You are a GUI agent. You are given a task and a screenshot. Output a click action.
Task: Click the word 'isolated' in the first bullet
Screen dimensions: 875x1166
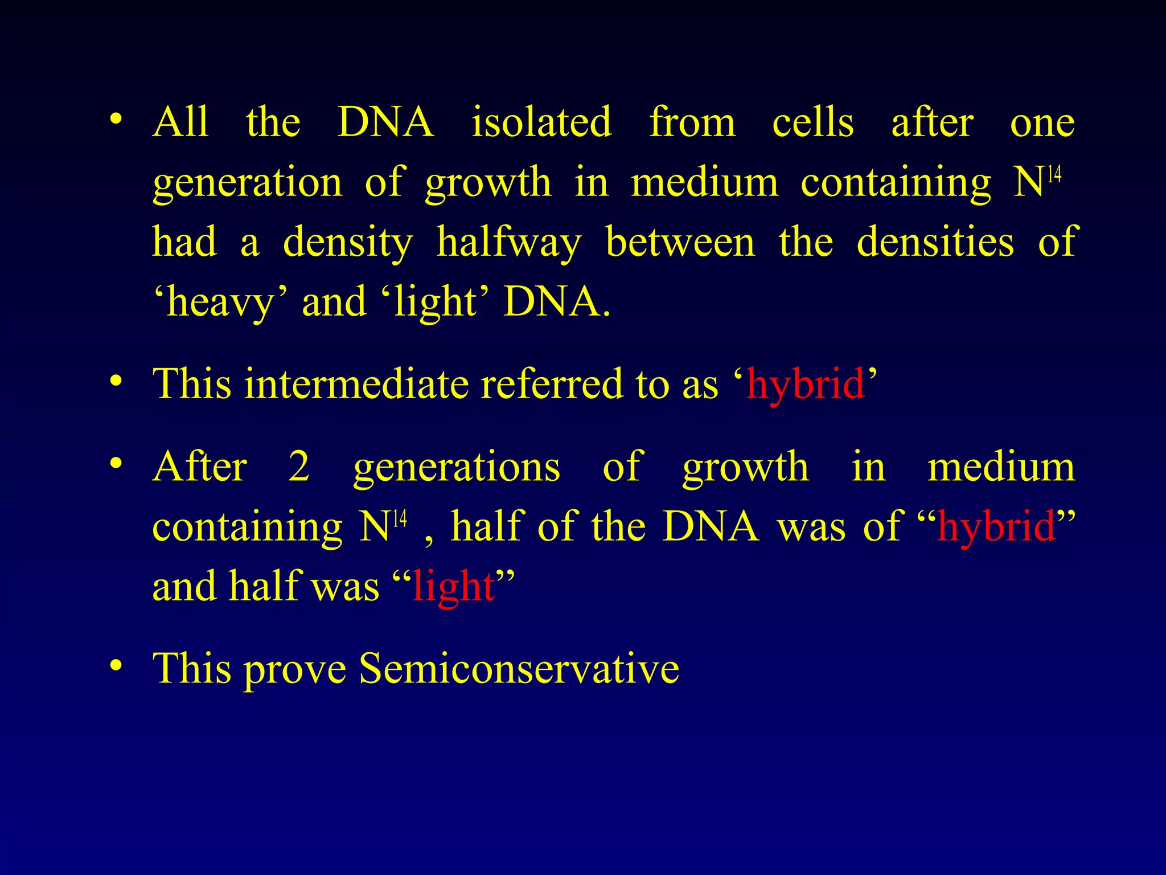point(541,122)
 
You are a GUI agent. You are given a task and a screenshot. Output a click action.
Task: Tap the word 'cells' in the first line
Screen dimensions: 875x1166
point(813,122)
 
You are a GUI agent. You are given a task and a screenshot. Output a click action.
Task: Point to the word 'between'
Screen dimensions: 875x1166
point(680,242)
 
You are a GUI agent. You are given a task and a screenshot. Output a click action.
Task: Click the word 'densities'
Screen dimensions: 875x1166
point(935,242)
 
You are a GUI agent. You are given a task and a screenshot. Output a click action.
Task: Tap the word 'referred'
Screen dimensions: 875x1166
point(552,383)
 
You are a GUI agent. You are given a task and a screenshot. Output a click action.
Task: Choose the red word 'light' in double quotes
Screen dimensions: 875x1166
point(454,587)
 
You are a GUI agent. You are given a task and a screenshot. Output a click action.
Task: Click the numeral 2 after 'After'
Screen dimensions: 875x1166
point(299,467)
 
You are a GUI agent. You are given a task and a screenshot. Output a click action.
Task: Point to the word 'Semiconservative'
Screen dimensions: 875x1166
point(519,668)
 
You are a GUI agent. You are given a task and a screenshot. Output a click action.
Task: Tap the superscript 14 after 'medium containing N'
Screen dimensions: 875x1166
point(1054,174)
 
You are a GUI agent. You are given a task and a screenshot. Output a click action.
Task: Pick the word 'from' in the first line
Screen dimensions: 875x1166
point(692,122)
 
